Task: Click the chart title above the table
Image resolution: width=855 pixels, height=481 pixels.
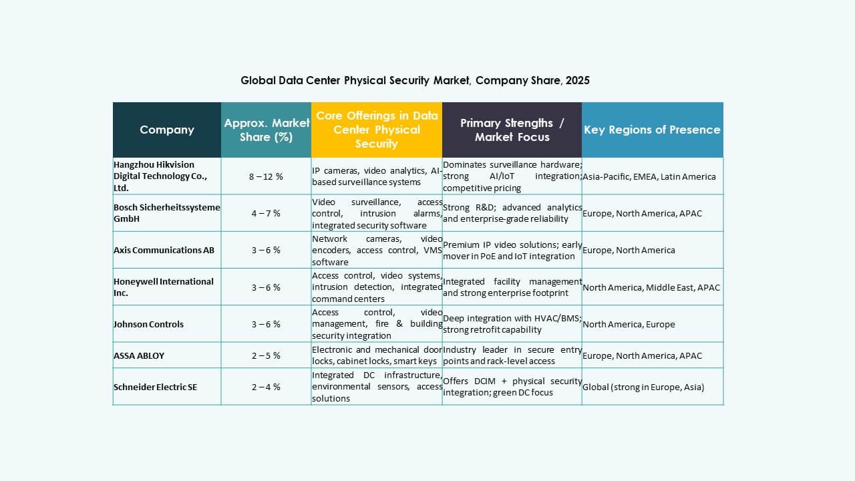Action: pos(415,80)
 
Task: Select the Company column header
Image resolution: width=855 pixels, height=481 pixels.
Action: pos(167,130)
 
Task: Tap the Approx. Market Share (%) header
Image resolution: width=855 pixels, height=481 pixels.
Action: pos(266,130)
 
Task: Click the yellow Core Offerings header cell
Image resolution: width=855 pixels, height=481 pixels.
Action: pos(377,130)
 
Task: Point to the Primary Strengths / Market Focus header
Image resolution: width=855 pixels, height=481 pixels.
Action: pos(512,130)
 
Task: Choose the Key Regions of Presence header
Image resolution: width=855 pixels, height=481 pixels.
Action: pos(652,130)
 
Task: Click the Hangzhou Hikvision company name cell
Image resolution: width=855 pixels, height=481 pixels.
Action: pos(160,176)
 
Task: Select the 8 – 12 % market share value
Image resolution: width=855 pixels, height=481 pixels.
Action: pos(266,176)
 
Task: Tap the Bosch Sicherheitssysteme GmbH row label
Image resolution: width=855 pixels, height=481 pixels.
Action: pos(166,213)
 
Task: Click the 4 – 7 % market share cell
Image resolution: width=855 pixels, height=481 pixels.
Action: pos(266,213)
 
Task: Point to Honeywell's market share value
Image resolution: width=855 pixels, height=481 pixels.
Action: pos(266,287)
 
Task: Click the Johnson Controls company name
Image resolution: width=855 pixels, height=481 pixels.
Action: pos(148,324)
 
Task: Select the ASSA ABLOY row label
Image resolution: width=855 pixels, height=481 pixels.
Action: pos(139,355)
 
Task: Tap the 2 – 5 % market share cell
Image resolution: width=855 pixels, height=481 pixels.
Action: pos(266,355)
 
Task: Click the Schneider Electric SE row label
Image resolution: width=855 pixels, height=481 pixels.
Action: pos(155,387)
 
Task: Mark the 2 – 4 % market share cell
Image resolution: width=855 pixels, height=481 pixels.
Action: pos(266,387)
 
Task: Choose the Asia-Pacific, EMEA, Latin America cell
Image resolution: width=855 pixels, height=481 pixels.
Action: pos(649,176)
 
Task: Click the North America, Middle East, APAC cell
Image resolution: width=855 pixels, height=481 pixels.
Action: pos(651,287)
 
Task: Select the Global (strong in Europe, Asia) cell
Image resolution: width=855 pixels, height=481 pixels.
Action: pos(643,387)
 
